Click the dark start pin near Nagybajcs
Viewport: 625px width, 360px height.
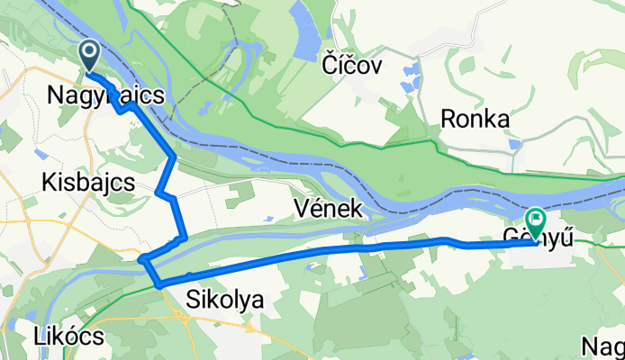point(91,54)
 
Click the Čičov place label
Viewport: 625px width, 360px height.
point(352,65)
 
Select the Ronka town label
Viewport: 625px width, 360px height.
point(476,119)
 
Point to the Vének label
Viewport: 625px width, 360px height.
point(329,210)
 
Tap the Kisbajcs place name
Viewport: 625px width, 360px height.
point(88,183)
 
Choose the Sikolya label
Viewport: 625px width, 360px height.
point(225,301)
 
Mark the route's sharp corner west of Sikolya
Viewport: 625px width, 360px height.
point(159,285)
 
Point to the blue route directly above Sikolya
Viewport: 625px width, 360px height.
point(225,269)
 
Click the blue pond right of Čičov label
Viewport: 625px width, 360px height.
point(412,69)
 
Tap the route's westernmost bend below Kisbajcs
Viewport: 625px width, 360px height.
point(142,260)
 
